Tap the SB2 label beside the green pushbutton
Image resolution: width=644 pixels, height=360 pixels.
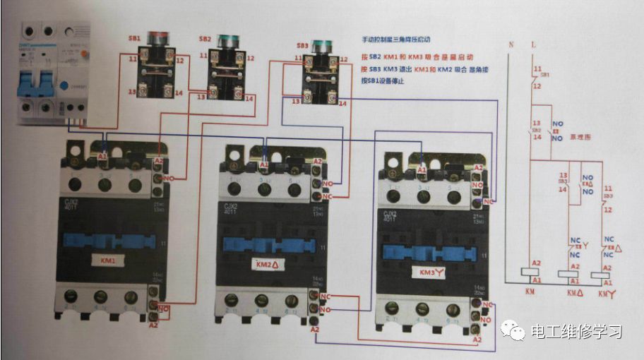click(x=205, y=38)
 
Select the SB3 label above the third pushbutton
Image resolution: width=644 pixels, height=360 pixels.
click(x=302, y=44)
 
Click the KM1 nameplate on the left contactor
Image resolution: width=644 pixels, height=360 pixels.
click(x=107, y=260)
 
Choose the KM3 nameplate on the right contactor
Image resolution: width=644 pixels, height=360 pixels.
click(x=429, y=271)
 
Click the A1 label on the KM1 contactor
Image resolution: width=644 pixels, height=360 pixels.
click(x=103, y=156)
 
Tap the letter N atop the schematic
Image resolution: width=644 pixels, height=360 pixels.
click(x=511, y=44)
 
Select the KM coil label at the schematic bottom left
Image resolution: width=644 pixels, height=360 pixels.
click(x=531, y=290)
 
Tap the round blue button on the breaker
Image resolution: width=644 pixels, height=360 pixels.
click(x=65, y=86)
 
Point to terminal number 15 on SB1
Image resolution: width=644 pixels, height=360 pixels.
click(x=132, y=92)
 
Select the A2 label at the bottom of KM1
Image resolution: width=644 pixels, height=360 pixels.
click(x=153, y=325)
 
